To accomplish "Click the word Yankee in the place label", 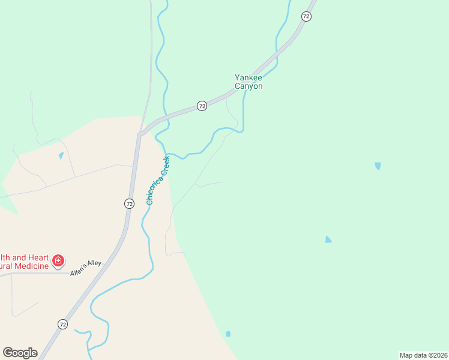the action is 249,77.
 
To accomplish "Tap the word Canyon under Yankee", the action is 249,86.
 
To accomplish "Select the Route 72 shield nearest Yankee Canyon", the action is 202,106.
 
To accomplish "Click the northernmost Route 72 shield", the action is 307,17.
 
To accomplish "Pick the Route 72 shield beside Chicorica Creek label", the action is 129,203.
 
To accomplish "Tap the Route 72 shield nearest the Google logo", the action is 62,324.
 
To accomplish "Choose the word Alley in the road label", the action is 95,263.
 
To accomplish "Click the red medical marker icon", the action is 58,260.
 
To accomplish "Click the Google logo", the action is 20,353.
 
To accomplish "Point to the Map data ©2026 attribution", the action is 423,355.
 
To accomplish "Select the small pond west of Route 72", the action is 61,156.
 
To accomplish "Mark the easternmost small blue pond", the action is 378,166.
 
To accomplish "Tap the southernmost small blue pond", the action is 228,334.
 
